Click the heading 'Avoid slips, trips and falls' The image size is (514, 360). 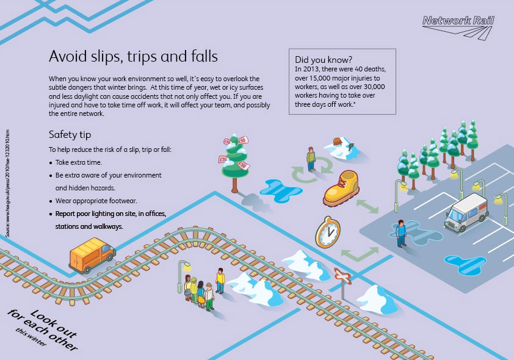[x=133, y=57]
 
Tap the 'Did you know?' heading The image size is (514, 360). [x=323, y=60]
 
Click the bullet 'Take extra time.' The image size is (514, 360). [x=79, y=162]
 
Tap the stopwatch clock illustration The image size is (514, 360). [x=327, y=231]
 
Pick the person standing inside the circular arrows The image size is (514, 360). [x=311, y=159]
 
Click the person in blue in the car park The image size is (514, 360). [x=400, y=233]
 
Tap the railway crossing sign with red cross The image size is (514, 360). [x=342, y=278]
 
